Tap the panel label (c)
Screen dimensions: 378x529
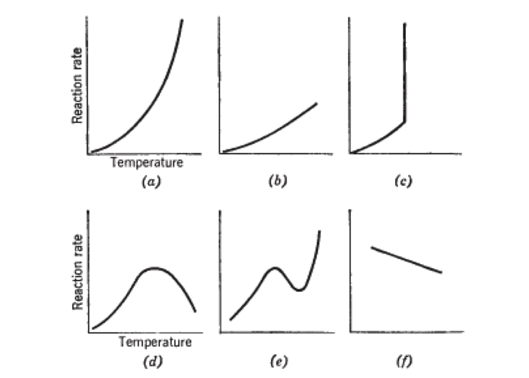click(x=403, y=181)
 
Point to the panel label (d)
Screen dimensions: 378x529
click(x=152, y=361)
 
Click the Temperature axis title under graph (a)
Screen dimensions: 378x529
click(x=146, y=162)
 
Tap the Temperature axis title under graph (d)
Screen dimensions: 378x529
click(x=155, y=342)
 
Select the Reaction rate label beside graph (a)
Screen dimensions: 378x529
click(x=77, y=85)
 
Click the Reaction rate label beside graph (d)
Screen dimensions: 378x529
click(x=78, y=272)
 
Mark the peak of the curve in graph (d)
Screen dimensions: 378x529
click(x=154, y=268)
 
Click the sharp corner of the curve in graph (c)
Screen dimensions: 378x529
click(x=405, y=122)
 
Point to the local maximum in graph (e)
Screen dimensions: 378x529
click(x=274, y=268)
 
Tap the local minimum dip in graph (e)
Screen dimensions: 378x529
click(x=300, y=290)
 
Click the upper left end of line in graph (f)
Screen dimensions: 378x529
click(x=372, y=247)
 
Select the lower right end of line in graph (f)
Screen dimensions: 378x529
click(x=441, y=272)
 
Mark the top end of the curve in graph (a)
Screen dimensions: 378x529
click(x=182, y=20)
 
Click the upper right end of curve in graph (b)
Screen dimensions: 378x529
click(x=316, y=104)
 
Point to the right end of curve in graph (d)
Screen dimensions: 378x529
click(x=195, y=311)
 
